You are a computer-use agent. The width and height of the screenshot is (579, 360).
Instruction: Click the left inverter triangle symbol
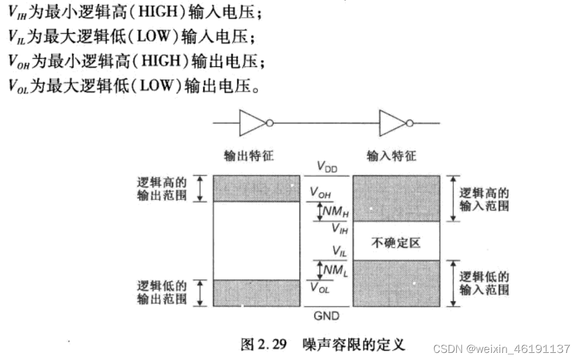(251, 123)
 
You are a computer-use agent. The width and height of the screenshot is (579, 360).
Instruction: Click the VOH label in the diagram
(321, 192)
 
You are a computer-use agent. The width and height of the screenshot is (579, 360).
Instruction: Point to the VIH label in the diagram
(339, 228)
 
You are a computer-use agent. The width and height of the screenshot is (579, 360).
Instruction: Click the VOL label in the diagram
(320, 288)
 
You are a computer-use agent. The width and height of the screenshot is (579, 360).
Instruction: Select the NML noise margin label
(333, 270)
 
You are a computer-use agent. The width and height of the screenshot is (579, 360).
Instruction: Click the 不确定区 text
(396, 242)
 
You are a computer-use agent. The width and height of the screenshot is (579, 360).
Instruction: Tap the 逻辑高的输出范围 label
(162, 189)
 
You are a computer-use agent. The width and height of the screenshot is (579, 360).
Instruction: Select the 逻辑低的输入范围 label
(484, 283)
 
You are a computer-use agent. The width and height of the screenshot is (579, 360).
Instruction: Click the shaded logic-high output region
(256, 189)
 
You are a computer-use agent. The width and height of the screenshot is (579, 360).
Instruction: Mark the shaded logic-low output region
(256, 293)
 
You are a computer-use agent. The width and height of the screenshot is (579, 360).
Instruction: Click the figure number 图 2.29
(264, 345)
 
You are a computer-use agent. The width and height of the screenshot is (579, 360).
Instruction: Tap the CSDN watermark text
(501, 347)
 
